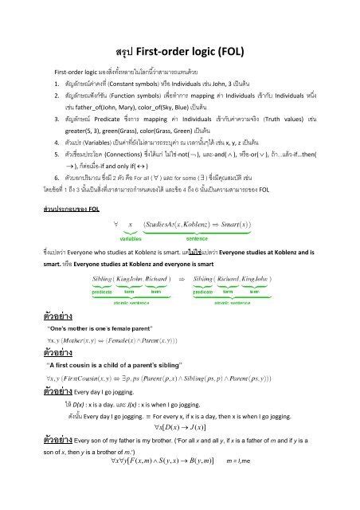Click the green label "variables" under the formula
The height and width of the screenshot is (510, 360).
(x=131, y=238)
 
